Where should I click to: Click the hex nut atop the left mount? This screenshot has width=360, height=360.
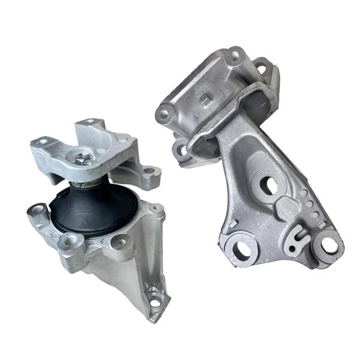[85, 159]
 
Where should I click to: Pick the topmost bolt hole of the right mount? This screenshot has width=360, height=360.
[235, 57]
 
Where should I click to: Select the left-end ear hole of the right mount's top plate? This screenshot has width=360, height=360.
[164, 112]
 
